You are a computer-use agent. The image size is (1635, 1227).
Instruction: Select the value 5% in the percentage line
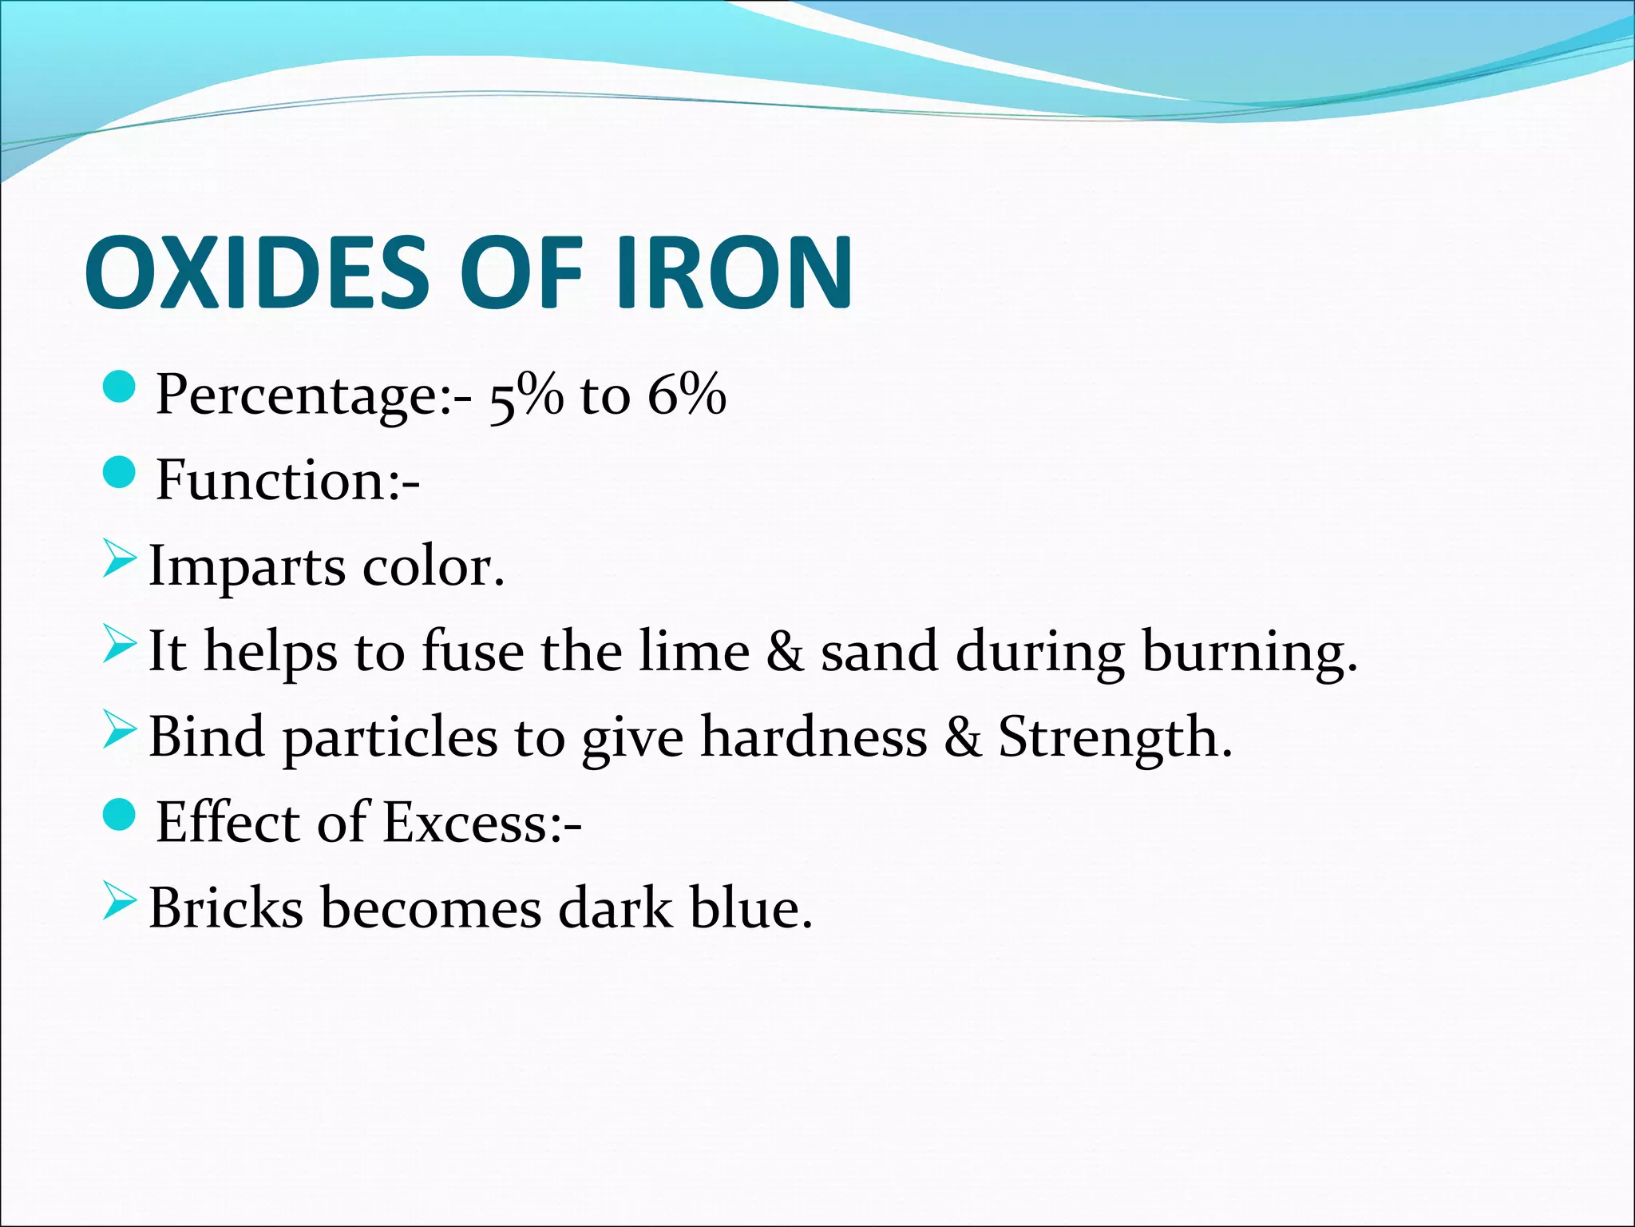click(525, 395)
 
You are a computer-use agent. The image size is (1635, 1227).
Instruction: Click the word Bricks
click(226, 908)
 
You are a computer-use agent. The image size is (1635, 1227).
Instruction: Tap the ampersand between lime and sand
click(785, 652)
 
